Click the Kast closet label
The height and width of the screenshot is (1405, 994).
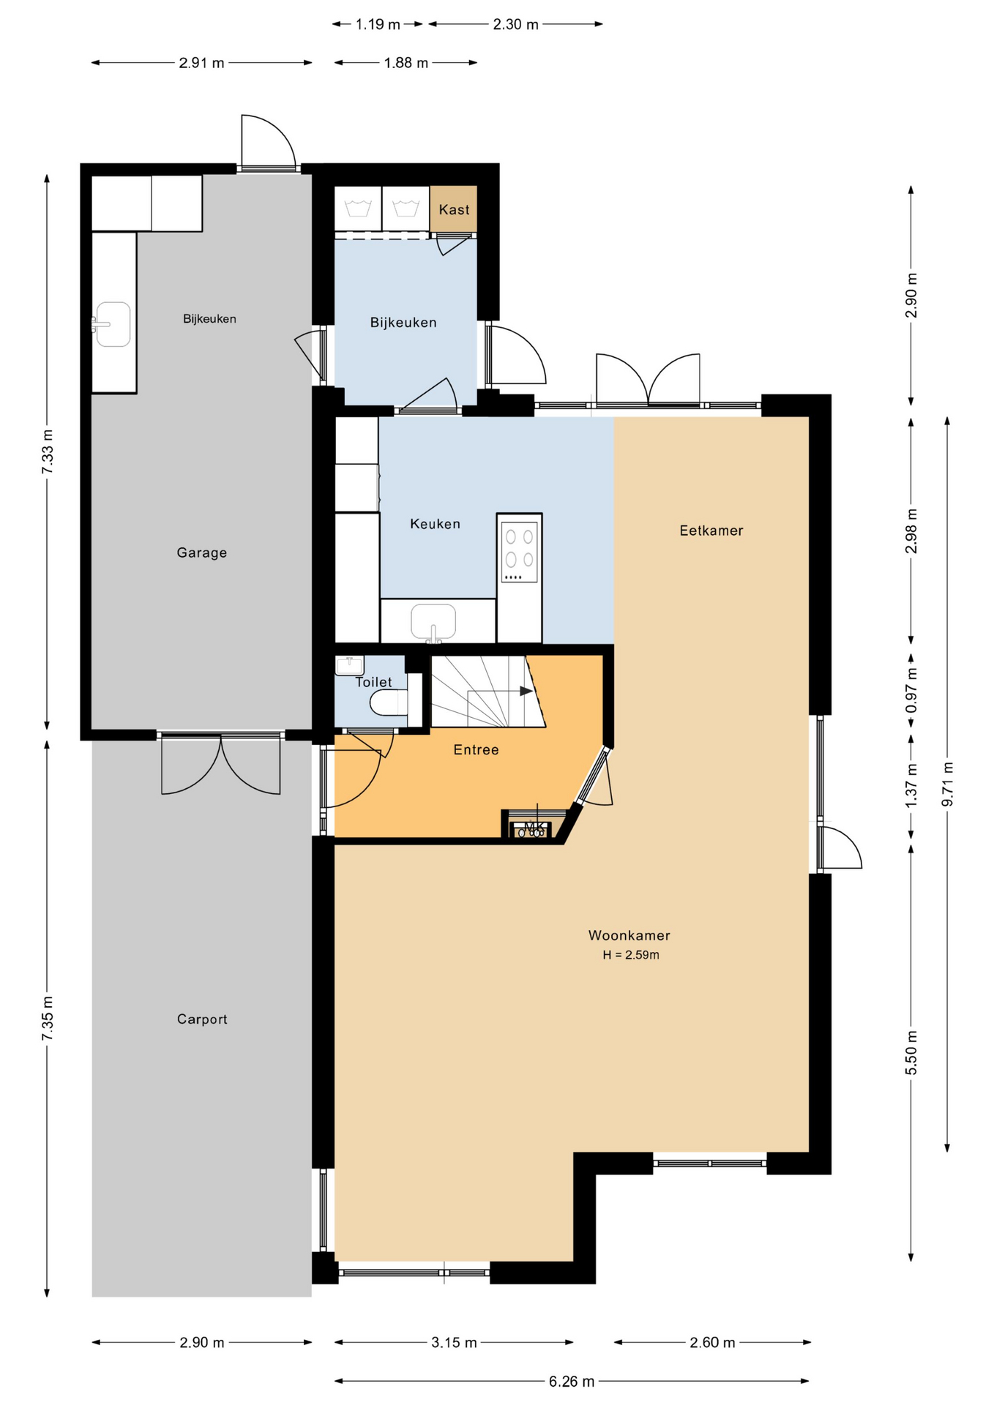[x=454, y=210]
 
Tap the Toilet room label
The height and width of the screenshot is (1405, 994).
[x=373, y=682]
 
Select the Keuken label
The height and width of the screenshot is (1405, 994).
[x=435, y=524]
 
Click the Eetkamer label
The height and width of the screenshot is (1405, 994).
[x=711, y=531]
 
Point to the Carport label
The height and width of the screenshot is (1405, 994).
[x=202, y=1019]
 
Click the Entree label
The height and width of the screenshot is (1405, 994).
[x=476, y=750]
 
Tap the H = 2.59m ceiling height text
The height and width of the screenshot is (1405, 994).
[x=631, y=955]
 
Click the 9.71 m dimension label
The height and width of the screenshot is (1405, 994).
[x=947, y=784]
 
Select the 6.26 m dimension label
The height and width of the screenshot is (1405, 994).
[x=572, y=1382]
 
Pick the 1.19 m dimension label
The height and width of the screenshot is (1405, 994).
[x=378, y=24]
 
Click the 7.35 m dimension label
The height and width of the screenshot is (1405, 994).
[x=47, y=1018]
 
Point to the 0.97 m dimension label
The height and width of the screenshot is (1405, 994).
[x=911, y=690]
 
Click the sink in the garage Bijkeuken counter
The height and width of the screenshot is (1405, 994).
[x=111, y=324]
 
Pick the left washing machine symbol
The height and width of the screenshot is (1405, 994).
[x=358, y=209]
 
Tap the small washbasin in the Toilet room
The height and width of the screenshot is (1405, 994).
[x=349, y=665]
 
